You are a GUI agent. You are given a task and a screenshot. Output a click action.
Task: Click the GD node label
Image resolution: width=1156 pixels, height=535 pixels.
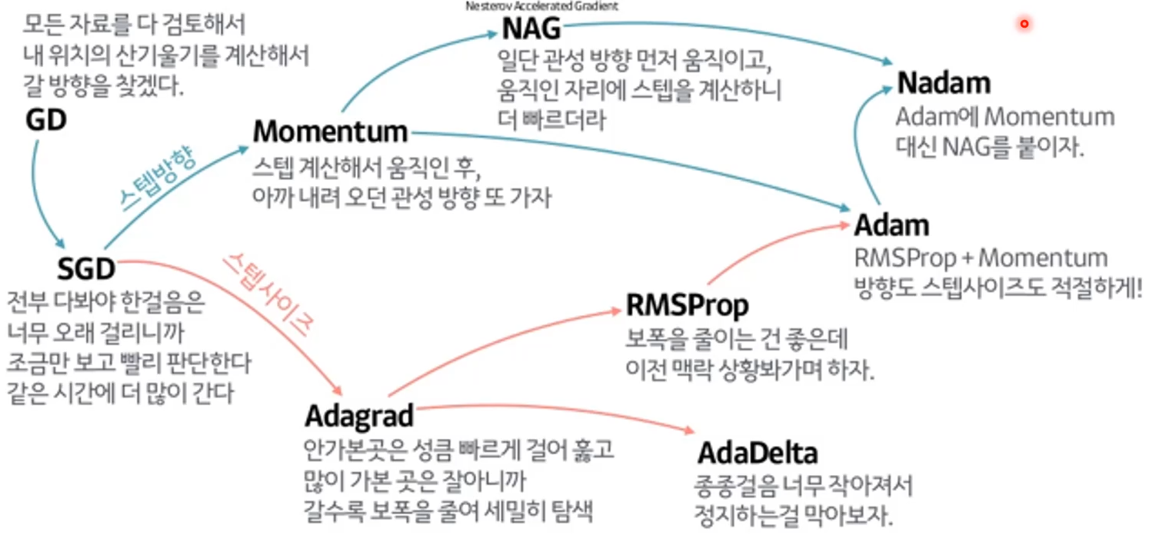(45, 120)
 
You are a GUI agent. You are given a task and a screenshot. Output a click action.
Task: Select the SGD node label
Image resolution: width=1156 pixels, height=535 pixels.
(86, 268)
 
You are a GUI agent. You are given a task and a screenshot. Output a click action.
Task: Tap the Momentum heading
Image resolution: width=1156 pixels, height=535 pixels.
(330, 131)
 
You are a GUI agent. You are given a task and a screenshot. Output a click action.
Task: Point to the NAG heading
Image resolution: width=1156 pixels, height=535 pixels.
(531, 30)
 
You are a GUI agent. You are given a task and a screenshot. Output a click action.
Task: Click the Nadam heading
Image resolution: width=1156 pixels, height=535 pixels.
(944, 83)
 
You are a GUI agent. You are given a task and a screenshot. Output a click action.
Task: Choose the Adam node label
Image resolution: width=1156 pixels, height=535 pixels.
(892, 225)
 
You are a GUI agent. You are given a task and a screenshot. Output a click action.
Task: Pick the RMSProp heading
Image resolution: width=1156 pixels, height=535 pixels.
(687, 305)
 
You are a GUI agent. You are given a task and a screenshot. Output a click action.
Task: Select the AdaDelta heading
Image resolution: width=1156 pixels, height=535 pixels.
(758, 453)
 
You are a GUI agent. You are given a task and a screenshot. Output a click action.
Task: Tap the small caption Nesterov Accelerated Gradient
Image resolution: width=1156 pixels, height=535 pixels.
(541, 6)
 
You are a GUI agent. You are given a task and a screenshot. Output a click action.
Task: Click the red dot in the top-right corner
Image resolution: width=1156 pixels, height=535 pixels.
(1024, 25)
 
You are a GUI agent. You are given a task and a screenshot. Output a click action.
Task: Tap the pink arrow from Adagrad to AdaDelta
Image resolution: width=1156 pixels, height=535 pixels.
(554, 412)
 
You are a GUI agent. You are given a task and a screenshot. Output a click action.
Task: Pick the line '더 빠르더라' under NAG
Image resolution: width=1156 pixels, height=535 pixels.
(551, 119)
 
